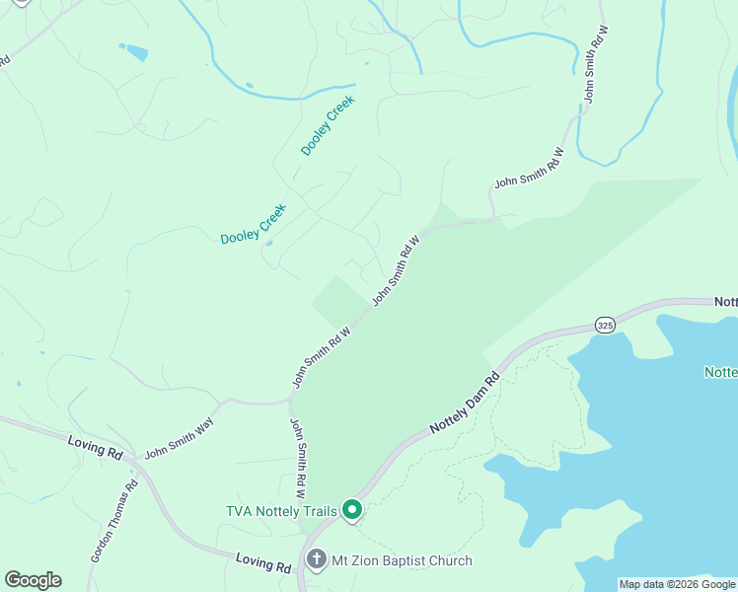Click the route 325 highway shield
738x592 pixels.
(x=606, y=324)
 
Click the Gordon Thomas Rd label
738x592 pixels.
(x=113, y=523)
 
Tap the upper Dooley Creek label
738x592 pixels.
(x=328, y=125)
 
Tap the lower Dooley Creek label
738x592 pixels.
(x=253, y=225)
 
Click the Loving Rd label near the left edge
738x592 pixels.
(x=96, y=446)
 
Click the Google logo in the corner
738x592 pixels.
(x=33, y=580)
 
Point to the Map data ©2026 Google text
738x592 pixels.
(x=677, y=584)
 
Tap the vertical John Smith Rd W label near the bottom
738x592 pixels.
(x=298, y=457)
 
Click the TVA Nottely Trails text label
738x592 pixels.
(x=281, y=510)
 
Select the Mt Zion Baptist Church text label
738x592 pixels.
(x=402, y=560)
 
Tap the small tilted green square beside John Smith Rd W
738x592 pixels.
(x=336, y=300)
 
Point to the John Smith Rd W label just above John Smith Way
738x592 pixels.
(x=322, y=357)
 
